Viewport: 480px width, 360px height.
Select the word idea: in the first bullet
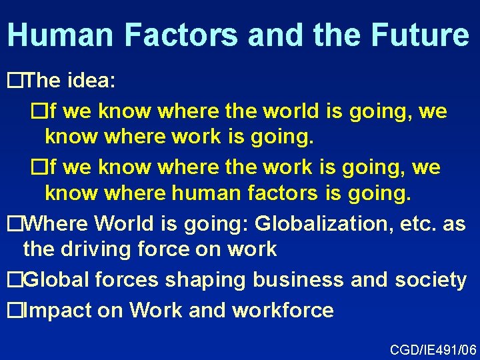coord(92,81)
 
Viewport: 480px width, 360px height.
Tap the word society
coord(430,280)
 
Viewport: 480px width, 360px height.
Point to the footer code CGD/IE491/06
coord(433,349)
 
